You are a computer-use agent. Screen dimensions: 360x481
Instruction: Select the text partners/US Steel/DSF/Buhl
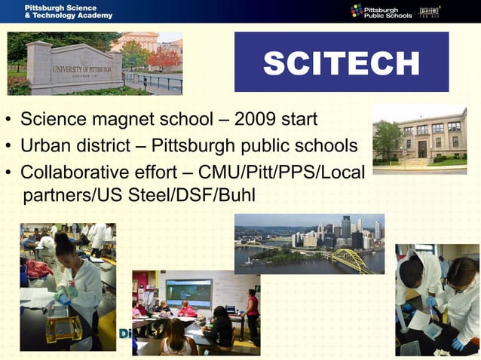tap(139, 196)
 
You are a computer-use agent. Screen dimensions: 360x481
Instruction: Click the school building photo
tap(420, 137)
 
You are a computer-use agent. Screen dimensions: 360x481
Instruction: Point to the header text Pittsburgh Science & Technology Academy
tap(68, 11)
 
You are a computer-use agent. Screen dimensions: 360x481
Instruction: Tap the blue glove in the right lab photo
tap(459, 342)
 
